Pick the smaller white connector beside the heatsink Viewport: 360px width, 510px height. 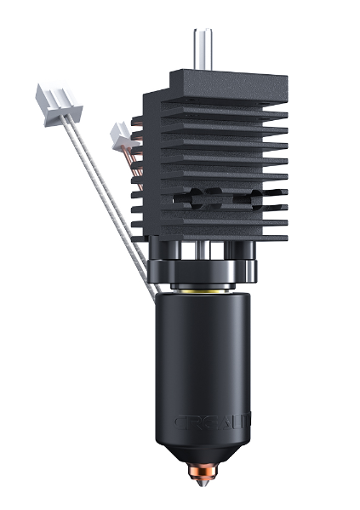coord(121,133)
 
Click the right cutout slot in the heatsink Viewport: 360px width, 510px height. coord(252,198)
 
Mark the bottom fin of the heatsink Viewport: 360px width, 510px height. coord(209,231)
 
